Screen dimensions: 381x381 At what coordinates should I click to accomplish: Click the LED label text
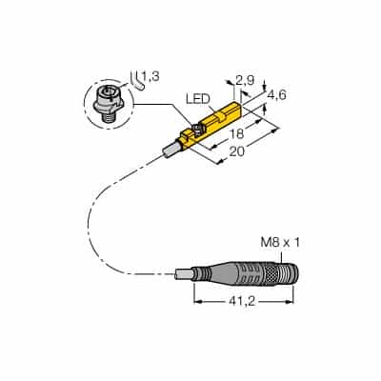[198, 100]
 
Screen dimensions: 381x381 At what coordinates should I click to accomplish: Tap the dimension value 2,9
[246, 81]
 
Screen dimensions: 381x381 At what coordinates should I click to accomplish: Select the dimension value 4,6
[277, 95]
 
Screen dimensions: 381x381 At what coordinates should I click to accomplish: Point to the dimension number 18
[237, 134]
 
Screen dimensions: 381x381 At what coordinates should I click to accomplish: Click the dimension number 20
[237, 151]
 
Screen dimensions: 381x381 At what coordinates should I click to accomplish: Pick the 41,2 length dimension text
[243, 302]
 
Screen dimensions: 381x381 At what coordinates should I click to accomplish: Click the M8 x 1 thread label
[280, 243]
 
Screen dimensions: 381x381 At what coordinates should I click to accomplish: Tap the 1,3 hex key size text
[150, 76]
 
